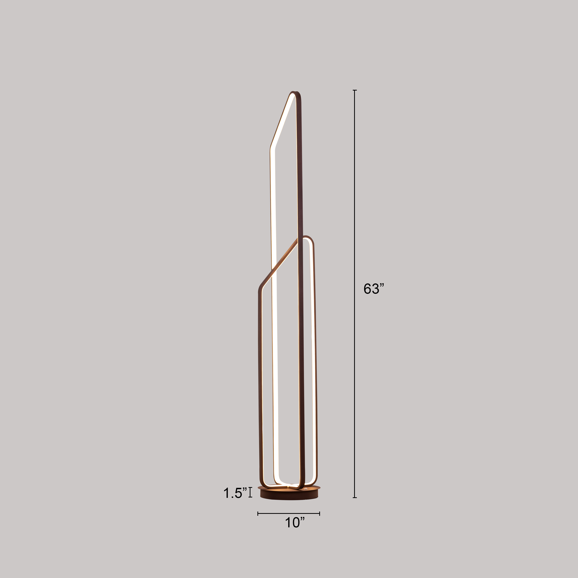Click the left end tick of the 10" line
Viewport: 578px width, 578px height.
[x=258, y=514]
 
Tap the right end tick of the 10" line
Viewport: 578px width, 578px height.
[x=319, y=514]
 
